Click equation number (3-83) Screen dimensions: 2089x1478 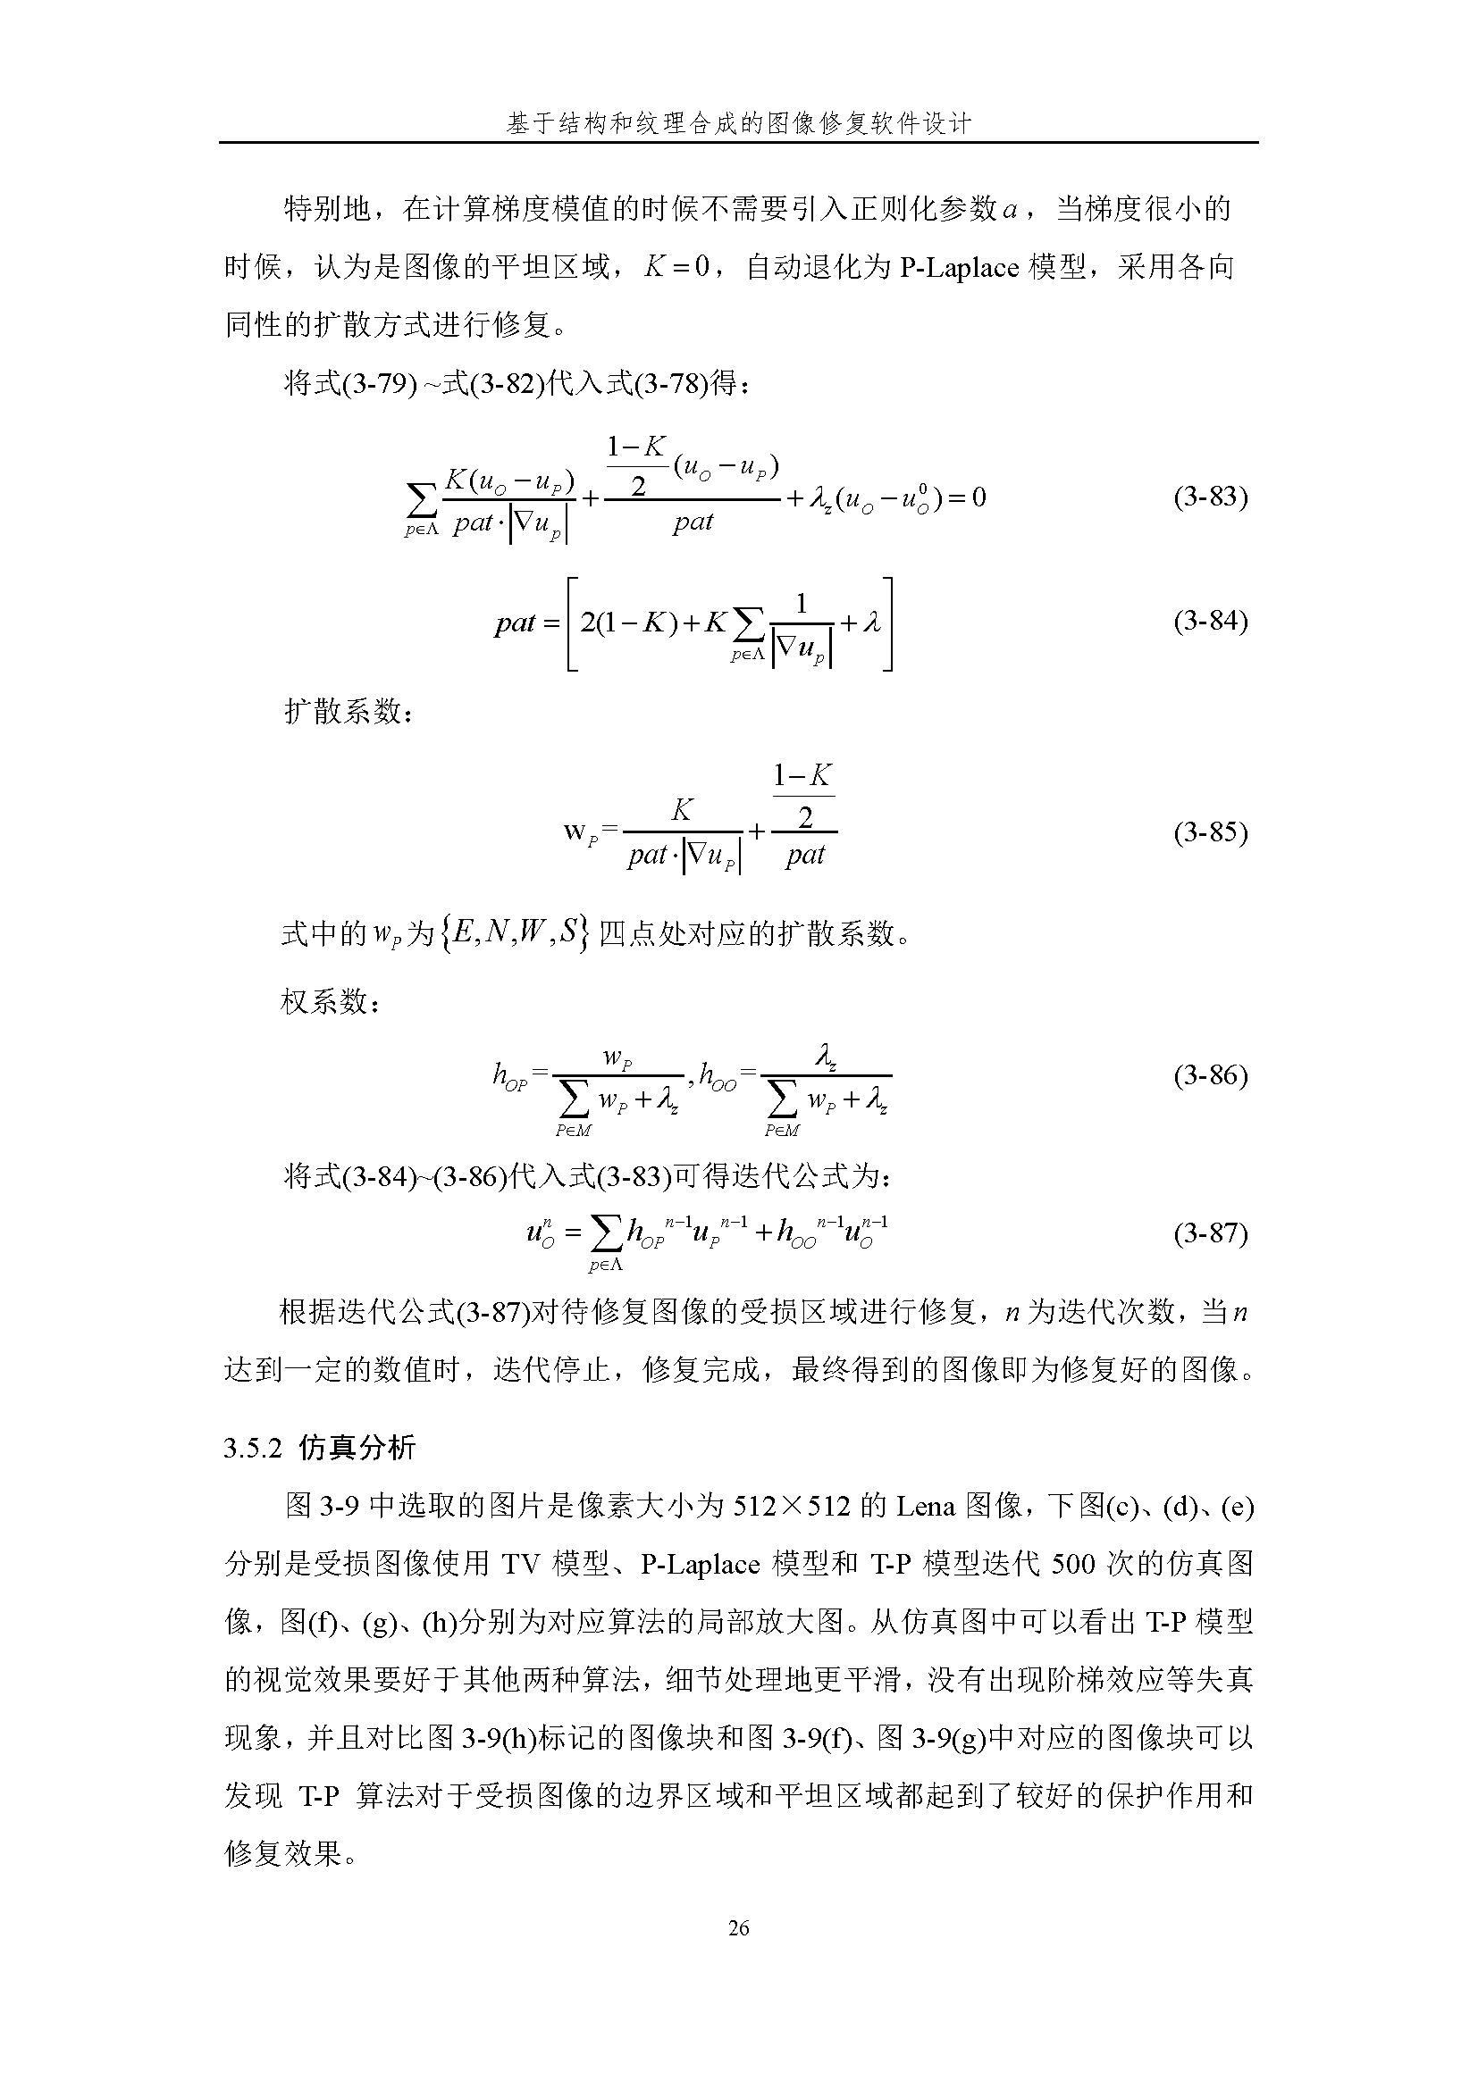click(1210, 497)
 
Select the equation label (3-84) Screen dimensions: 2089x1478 click(1210, 622)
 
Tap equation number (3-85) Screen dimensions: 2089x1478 click(1210, 832)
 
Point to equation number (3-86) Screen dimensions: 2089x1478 click(1210, 1075)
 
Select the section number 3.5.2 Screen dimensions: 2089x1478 click(254, 1448)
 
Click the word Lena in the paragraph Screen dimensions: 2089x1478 click(926, 1507)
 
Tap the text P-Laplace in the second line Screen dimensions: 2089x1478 click(958, 268)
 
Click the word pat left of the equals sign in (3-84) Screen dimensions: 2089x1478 click(515, 623)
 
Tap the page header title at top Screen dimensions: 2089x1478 click(738, 123)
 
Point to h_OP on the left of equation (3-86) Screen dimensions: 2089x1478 click(509, 1076)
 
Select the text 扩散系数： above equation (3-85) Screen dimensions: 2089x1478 click(349, 711)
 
